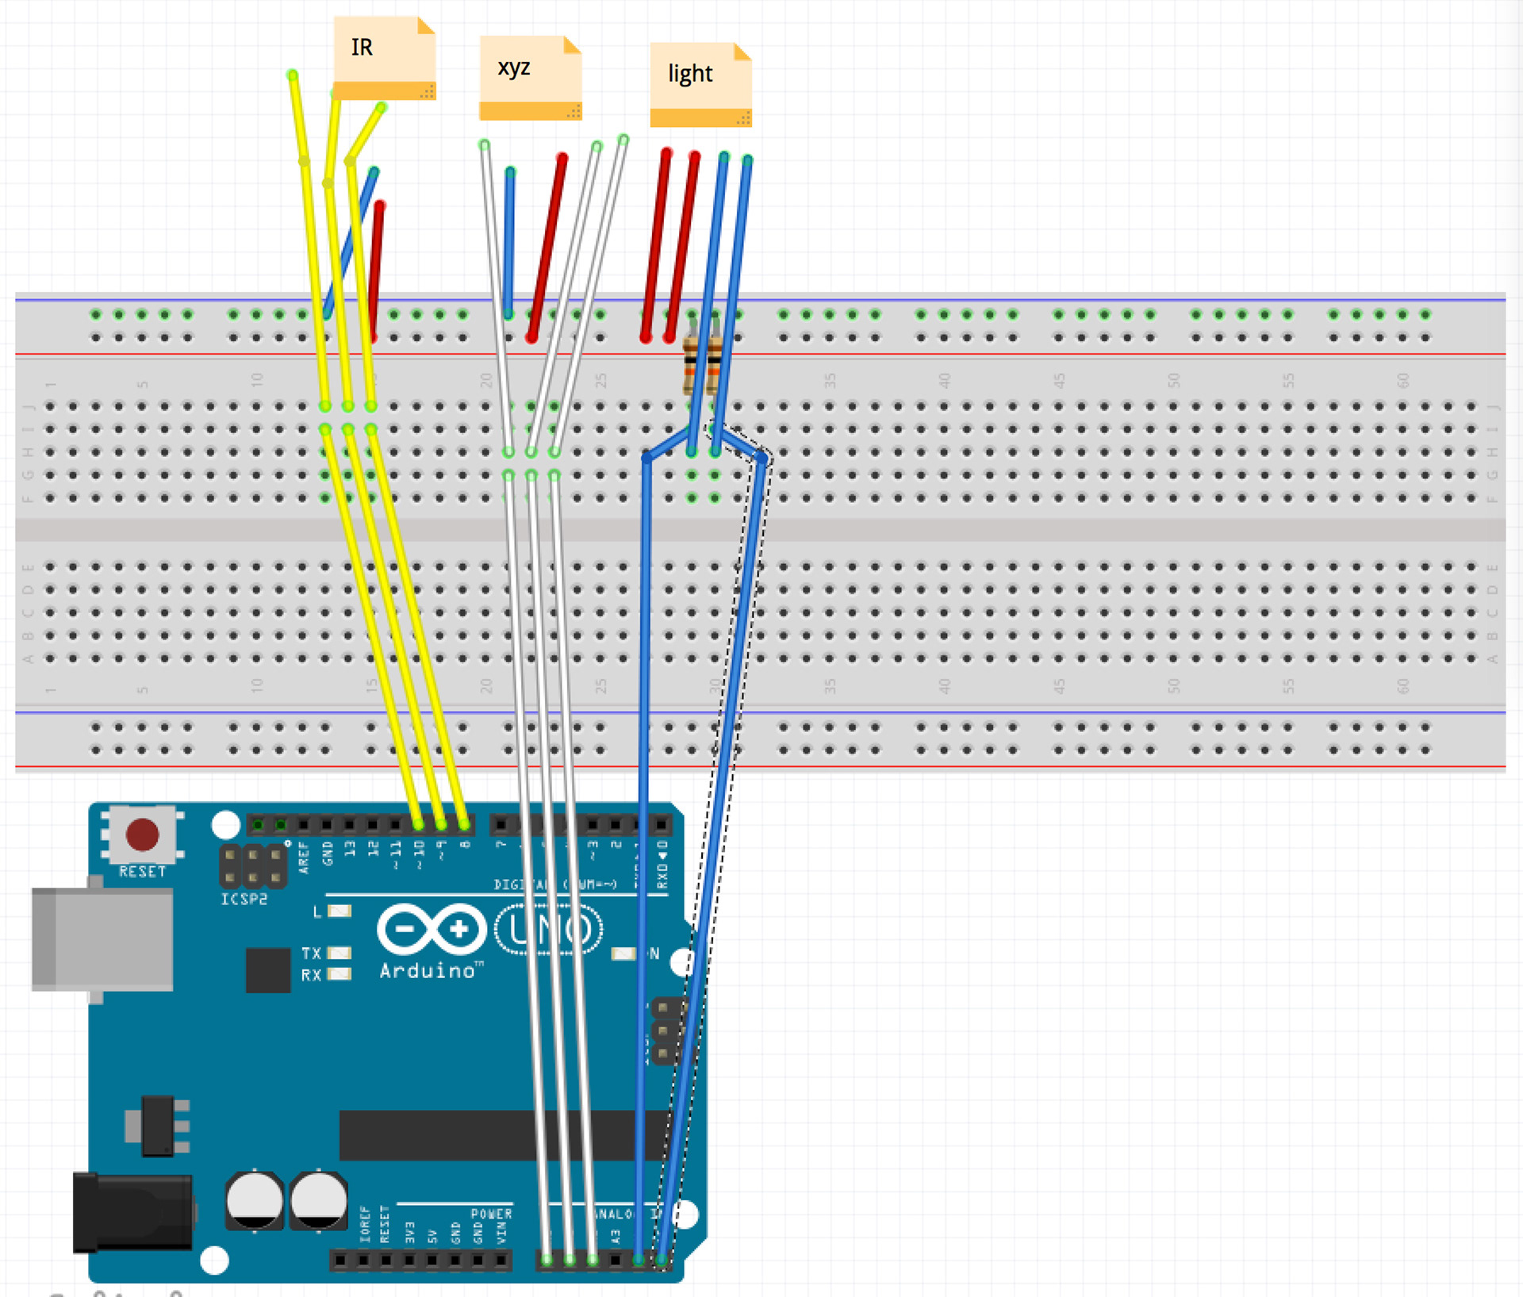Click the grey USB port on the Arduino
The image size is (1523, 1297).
pyautogui.click(x=103, y=940)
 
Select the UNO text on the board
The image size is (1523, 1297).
pyautogui.click(x=549, y=930)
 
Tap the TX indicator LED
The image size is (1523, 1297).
pyautogui.click(x=340, y=953)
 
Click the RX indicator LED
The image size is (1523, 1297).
pyautogui.click(x=340, y=974)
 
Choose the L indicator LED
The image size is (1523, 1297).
pyautogui.click(x=340, y=911)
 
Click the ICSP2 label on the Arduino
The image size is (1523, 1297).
pyautogui.click(x=244, y=899)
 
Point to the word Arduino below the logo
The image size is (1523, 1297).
pyautogui.click(x=429, y=971)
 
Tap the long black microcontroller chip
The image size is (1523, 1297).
pyautogui.click(x=500, y=1134)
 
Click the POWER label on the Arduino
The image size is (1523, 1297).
pyautogui.click(x=491, y=1214)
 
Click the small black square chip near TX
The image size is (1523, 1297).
pyautogui.click(x=267, y=970)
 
